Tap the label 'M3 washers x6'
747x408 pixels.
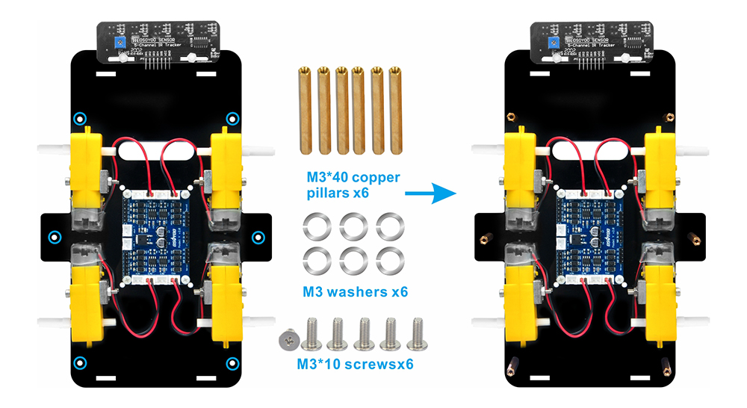pos(356,291)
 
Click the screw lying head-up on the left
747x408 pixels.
pos(288,341)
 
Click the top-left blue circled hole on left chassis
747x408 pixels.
pos(79,117)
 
